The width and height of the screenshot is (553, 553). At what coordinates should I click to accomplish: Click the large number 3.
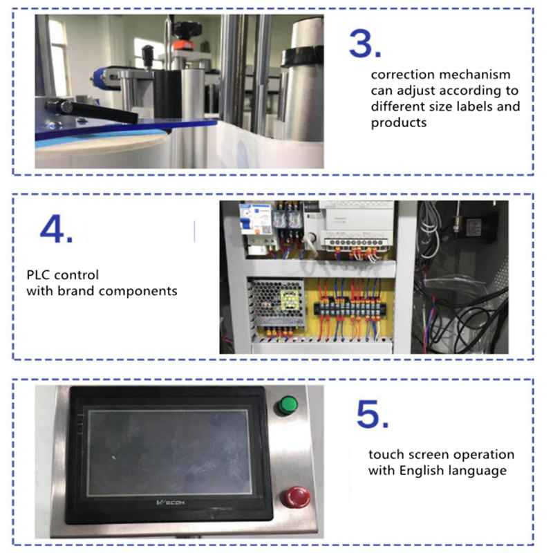tap(364, 44)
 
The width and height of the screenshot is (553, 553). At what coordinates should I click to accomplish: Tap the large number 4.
tap(55, 229)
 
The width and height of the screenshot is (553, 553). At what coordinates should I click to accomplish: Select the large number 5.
tap(372, 414)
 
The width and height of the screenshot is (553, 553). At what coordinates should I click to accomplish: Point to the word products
tap(397, 123)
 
